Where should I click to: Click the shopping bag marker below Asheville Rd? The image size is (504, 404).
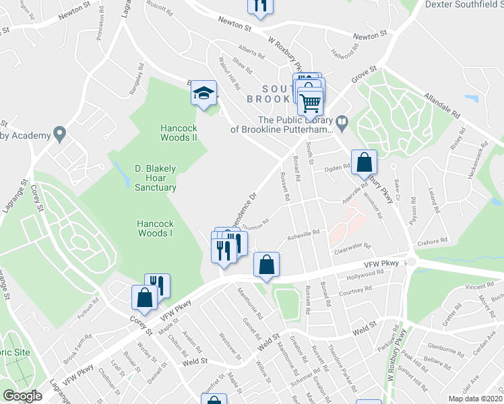267,265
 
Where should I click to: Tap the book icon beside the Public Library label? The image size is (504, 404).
342,122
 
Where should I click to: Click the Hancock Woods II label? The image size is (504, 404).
178,133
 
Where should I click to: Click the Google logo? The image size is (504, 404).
22,396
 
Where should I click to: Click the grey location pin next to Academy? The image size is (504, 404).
60,135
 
